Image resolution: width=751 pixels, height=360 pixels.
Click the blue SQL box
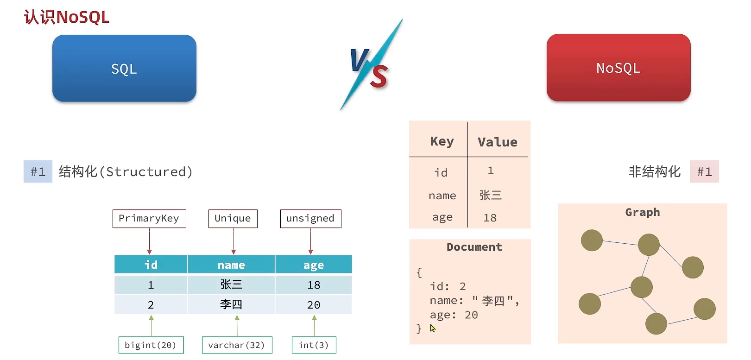click(x=124, y=69)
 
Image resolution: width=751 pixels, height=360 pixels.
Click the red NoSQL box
click(x=618, y=68)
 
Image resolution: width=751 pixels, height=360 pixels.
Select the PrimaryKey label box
click(x=149, y=219)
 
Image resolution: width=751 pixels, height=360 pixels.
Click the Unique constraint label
click(x=233, y=219)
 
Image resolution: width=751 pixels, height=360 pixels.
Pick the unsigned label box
click(x=311, y=219)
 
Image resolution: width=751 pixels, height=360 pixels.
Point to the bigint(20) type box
click(x=151, y=345)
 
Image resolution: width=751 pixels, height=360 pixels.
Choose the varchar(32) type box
click(x=237, y=345)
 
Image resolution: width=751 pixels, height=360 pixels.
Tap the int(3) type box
click(x=314, y=345)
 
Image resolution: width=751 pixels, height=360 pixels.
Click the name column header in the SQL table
click(x=231, y=265)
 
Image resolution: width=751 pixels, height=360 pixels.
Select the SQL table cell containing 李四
click(x=231, y=304)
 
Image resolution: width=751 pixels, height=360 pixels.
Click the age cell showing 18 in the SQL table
click(x=314, y=284)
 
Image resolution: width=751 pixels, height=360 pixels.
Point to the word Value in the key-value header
click(x=498, y=142)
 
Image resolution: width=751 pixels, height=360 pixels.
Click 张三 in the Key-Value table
click(x=491, y=195)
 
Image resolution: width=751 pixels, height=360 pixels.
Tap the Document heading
click(x=474, y=247)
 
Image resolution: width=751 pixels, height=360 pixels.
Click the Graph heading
click(x=643, y=212)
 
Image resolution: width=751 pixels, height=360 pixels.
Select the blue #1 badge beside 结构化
click(x=38, y=171)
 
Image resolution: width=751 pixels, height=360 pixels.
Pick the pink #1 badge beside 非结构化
click(x=704, y=171)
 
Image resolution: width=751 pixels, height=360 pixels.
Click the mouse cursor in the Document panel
click(x=433, y=328)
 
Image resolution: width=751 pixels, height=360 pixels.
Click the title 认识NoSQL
click(x=67, y=18)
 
